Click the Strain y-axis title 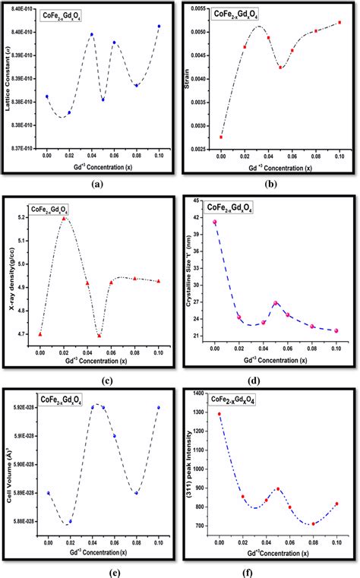(x=185, y=78)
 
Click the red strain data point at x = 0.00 (x=221, y=137)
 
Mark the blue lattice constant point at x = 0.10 (x=159, y=27)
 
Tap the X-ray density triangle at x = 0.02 (x=64, y=218)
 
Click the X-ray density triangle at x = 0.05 (x=99, y=335)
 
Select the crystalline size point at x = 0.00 (x=215, y=222)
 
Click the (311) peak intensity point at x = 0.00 (x=220, y=415)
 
